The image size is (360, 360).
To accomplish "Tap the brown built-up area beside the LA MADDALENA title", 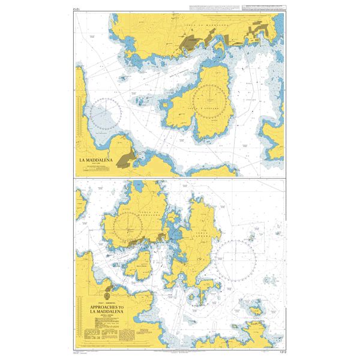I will [128, 158].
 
